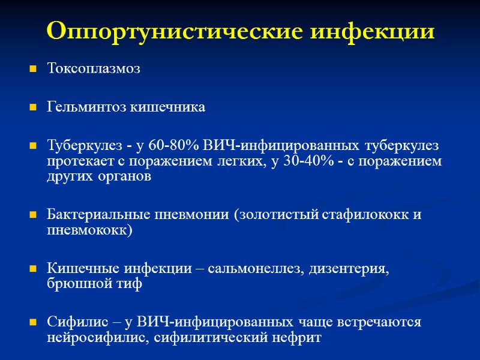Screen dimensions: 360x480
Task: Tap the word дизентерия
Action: pyautogui.click(x=348, y=269)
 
